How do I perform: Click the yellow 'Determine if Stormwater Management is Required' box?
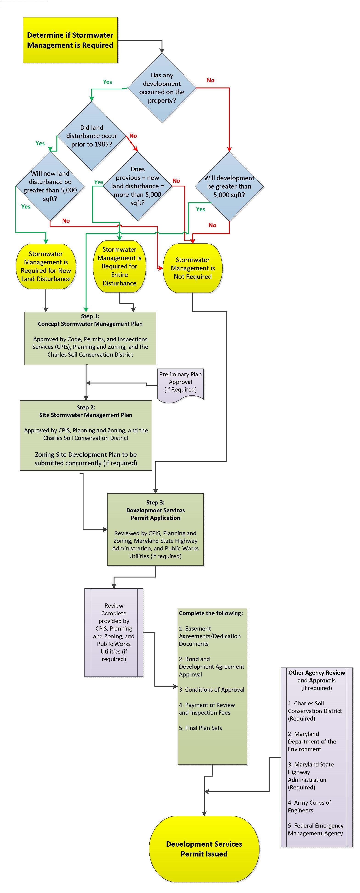70,40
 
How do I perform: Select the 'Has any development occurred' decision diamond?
162,88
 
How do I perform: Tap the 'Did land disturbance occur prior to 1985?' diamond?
92,136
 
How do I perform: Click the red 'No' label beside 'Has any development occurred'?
210,80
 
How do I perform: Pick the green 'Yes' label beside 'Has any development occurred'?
107,82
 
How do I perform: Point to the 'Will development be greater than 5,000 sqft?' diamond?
229,186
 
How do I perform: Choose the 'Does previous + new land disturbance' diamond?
138,186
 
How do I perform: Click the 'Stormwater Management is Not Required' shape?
193,268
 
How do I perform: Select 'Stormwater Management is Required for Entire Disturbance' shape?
120,266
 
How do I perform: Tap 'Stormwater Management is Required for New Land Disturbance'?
46,266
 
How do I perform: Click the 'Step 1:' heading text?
90,316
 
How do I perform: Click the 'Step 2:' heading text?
86,407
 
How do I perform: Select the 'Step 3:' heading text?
155,502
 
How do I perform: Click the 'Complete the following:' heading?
211,613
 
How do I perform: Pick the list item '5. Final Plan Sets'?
200,728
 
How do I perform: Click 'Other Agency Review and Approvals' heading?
316,676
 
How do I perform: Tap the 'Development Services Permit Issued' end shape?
204,849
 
